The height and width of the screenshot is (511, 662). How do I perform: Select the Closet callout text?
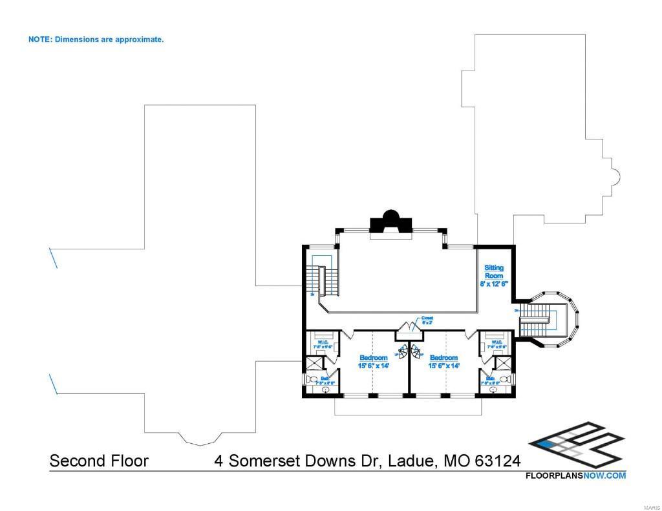[x=427, y=320]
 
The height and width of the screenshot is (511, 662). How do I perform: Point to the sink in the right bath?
[x=495, y=390]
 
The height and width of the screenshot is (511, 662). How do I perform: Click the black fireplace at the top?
[x=390, y=222]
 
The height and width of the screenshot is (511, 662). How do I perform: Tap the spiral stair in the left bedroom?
[x=404, y=353]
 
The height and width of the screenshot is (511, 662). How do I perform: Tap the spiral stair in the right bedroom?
[x=416, y=353]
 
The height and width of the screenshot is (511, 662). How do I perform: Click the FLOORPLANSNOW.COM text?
[x=575, y=476]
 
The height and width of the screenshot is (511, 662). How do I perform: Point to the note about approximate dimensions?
[x=96, y=39]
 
